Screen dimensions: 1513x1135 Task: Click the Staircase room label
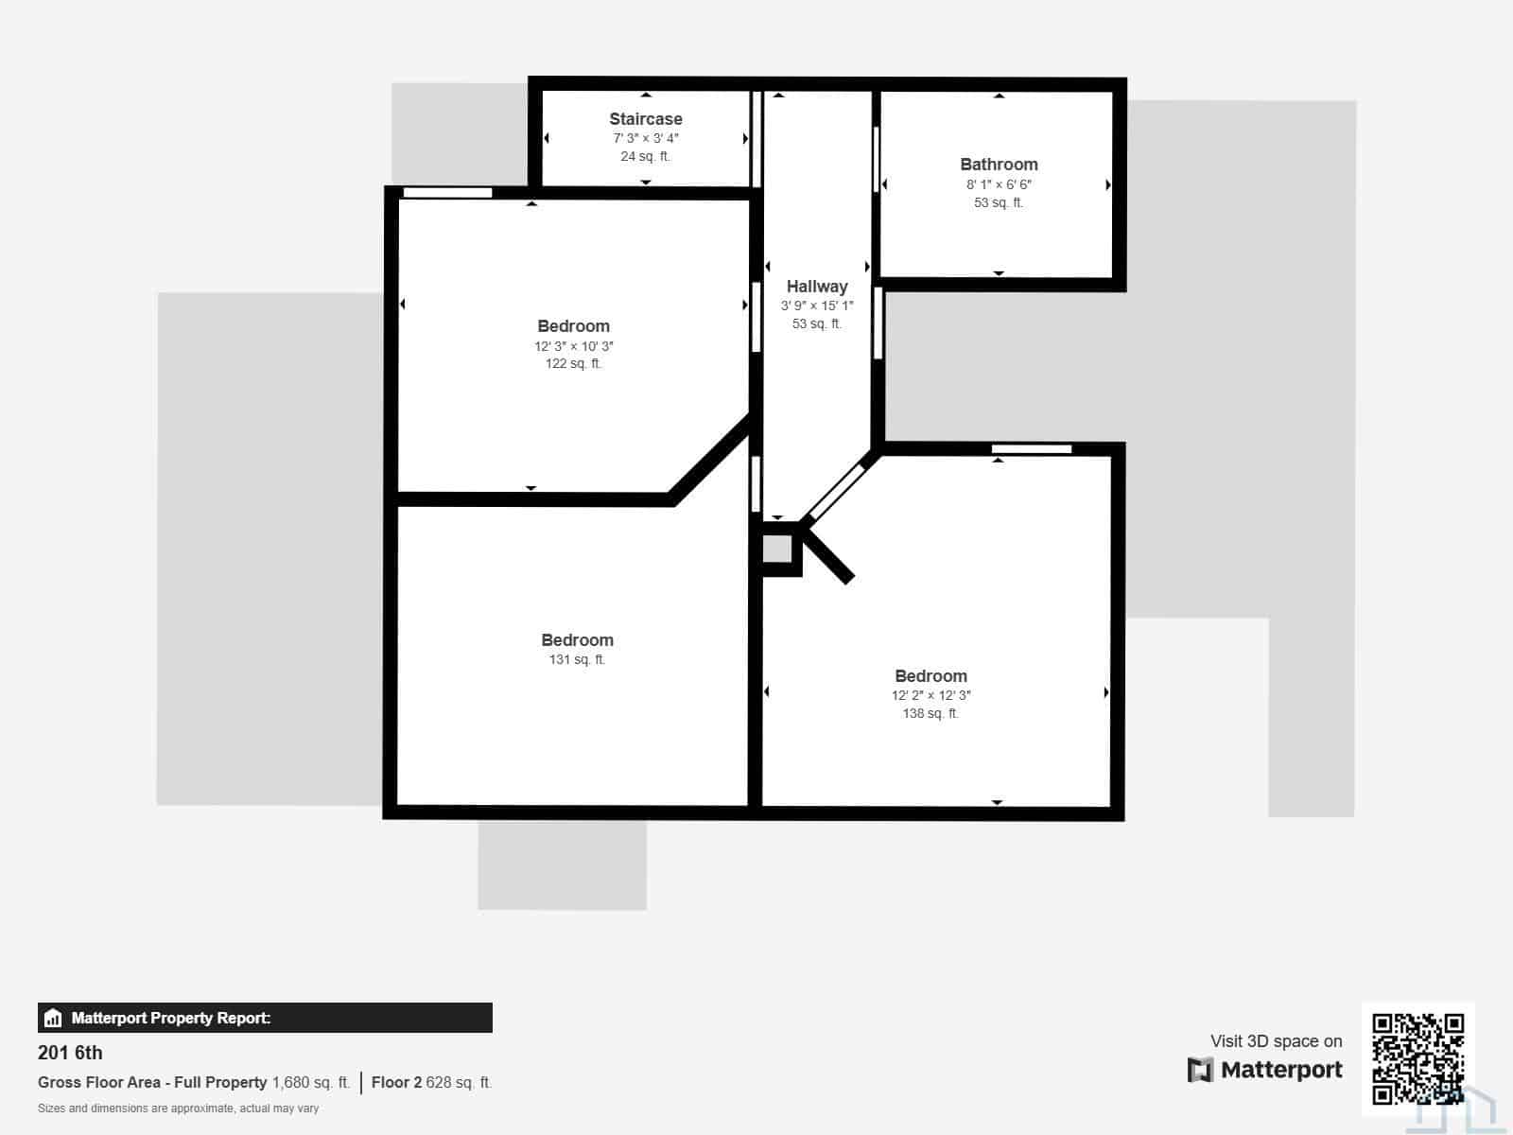click(x=645, y=119)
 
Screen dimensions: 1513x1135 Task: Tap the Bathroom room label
click(x=999, y=165)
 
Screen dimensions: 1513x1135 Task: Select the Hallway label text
click(x=817, y=287)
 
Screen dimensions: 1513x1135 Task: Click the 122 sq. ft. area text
click(x=573, y=363)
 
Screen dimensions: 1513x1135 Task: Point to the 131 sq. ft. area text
click(x=577, y=659)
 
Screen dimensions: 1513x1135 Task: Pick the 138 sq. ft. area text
click(x=930, y=713)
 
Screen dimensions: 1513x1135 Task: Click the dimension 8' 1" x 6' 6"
click(x=999, y=184)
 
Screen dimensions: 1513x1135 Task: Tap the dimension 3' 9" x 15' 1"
click(x=817, y=306)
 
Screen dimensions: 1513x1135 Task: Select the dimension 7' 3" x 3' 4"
click(x=646, y=138)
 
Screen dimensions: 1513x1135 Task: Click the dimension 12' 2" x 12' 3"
click(x=930, y=695)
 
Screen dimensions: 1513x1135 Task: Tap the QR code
click(x=1417, y=1057)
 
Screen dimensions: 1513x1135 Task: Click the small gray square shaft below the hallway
click(x=777, y=550)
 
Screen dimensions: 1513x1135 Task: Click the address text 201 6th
click(x=70, y=1053)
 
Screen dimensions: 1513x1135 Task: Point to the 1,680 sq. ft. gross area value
click(x=311, y=1083)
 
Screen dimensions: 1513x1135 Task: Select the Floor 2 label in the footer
click(x=396, y=1083)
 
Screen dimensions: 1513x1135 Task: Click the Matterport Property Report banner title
click(x=171, y=1018)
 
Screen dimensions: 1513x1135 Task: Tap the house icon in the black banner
click(x=53, y=1018)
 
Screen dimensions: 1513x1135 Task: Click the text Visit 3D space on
click(x=1276, y=1041)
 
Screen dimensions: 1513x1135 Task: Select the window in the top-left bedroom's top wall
click(x=447, y=193)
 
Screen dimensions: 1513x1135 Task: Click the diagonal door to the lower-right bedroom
click(x=837, y=492)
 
